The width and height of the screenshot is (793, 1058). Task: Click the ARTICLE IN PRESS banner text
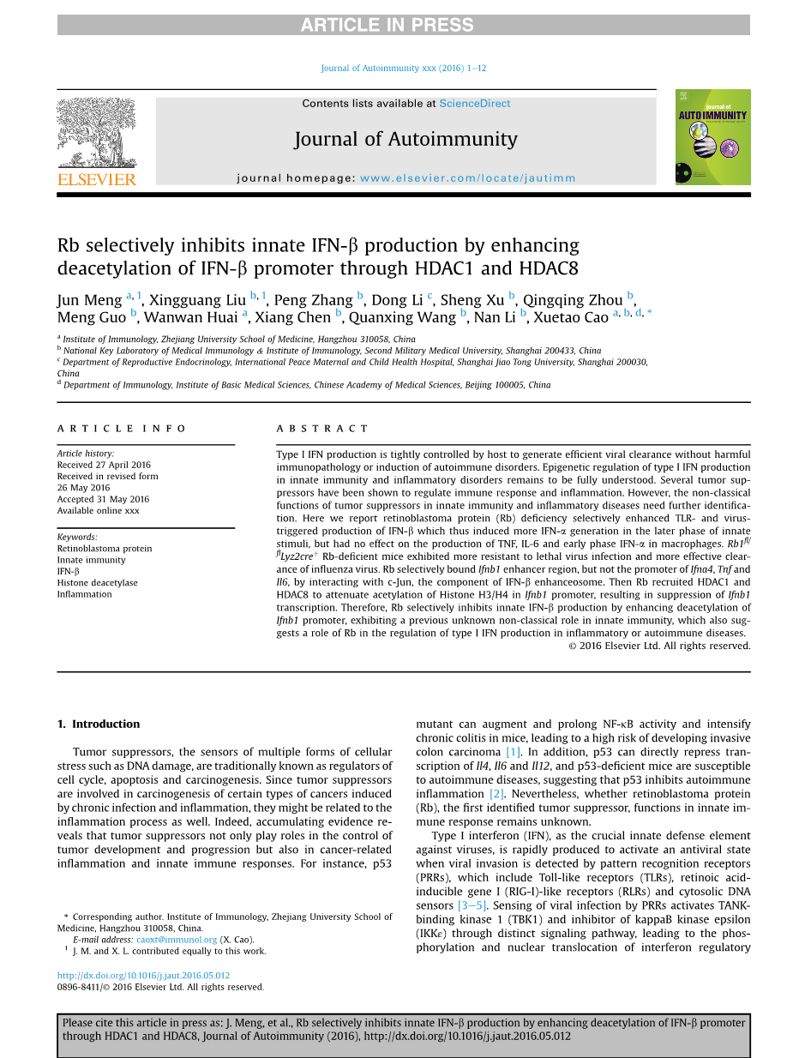[387, 26]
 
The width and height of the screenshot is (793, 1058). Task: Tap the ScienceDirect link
[474, 104]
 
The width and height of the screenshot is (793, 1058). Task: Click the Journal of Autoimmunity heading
[406, 139]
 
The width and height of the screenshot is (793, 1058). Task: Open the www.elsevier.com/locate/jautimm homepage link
[467, 178]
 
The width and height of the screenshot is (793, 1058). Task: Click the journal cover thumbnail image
[712, 137]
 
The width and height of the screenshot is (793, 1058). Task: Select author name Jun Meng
[90, 300]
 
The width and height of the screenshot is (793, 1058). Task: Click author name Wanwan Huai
[192, 317]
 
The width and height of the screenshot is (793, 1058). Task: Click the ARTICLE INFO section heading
[122, 428]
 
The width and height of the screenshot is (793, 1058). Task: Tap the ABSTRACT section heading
[322, 428]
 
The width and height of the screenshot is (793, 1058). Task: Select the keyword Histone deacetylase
[97, 583]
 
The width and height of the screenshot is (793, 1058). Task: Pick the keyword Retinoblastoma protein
[105, 549]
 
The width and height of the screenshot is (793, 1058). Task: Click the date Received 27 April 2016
[104, 465]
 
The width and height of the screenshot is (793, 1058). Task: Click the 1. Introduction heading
[99, 724]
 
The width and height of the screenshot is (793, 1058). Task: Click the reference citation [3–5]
[472, 905]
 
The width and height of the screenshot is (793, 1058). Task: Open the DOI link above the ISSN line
[143, 976]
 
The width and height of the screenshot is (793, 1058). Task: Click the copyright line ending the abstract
[659, 646]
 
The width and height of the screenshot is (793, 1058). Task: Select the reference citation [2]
[496, 794]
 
